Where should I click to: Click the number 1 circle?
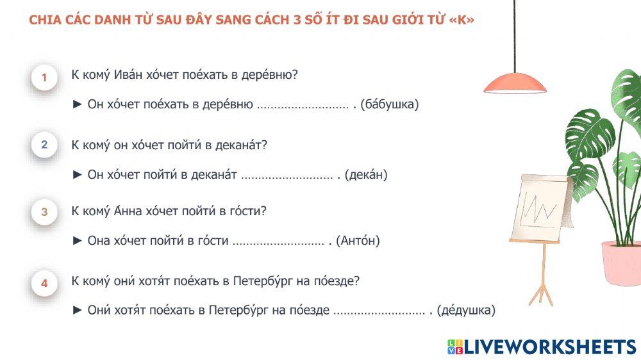pos(44,78)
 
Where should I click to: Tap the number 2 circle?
pos(44,145)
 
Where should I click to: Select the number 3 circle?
pos(44,212)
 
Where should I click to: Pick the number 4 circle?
pos(44,283)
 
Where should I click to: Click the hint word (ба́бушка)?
pos(390,104)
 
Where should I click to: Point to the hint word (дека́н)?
pos(366,174)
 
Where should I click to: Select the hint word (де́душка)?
pos(466,311)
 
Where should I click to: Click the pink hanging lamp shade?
pos(515,83)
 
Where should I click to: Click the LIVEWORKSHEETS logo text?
pos(549,347)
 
